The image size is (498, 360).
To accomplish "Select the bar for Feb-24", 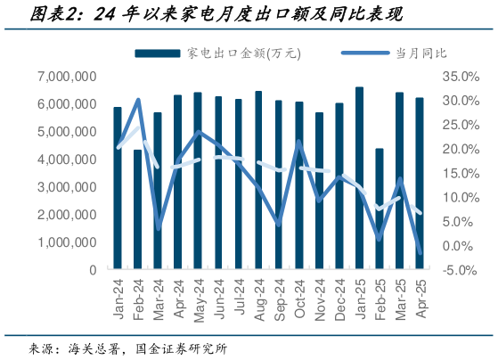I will (x=137, y=209).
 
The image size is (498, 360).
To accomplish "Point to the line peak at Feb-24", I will (x=138, y=100).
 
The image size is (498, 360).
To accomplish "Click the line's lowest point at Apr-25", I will (x=420, y=252).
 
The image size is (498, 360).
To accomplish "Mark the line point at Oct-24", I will (x=298, y=142).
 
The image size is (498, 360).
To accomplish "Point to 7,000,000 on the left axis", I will (x=68, y=77).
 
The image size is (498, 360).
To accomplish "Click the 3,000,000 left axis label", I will (x=68, y=187).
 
